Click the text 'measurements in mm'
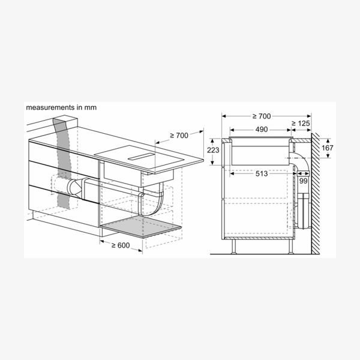point(61,107)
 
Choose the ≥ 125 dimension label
point(302,122)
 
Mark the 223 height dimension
point(213,149)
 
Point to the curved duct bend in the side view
point(300,159)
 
